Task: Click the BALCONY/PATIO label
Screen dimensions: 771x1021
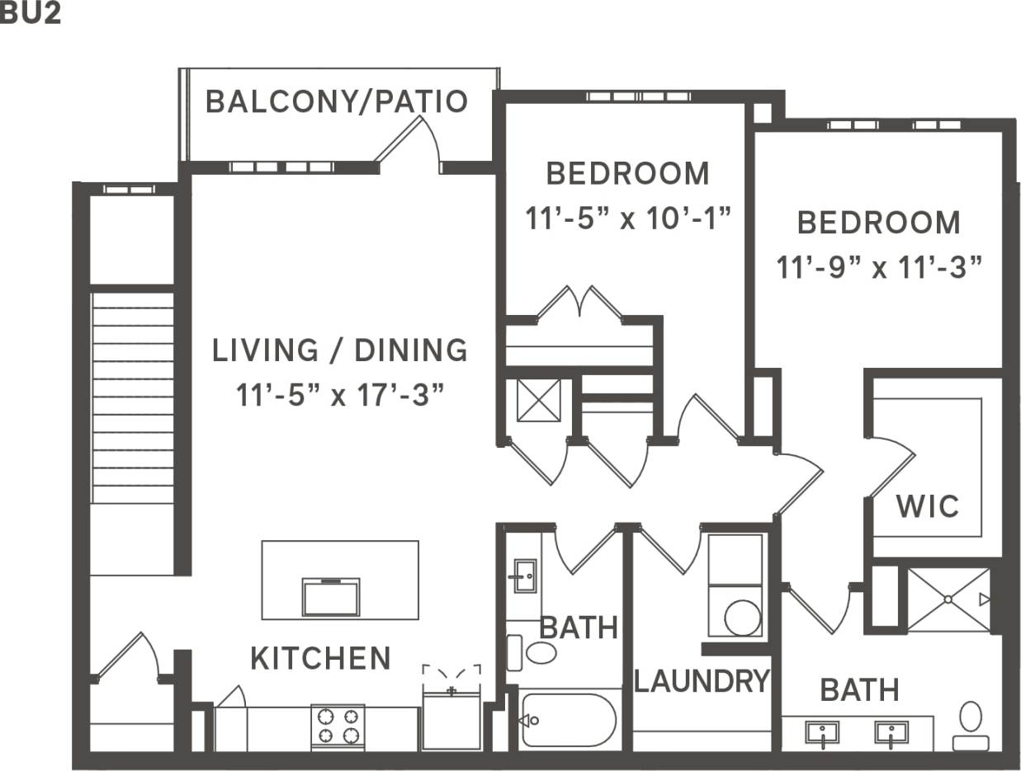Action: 337,101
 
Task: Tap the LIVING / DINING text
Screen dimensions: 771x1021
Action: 340,350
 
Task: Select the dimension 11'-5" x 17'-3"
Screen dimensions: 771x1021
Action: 340,395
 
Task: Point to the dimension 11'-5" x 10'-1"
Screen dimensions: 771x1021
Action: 629,219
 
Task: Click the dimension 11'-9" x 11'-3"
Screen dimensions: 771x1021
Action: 879,268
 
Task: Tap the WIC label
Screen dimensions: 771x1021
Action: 928,505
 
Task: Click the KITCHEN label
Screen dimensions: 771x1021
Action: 320,659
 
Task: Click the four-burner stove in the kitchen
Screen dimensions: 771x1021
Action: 338,726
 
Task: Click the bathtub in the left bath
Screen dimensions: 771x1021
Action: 569,720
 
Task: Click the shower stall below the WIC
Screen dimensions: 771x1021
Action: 948,599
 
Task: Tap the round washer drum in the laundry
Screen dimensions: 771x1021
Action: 742,617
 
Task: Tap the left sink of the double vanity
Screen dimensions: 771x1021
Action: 821,732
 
